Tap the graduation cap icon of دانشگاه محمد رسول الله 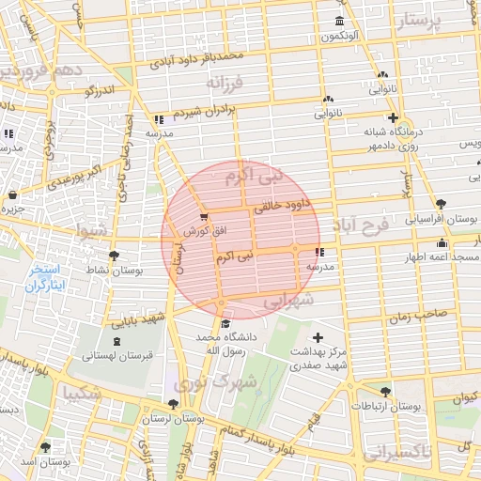(x=225, y=324)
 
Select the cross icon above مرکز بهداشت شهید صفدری (x=318, y=337)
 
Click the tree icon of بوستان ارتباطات (x=385, y=392)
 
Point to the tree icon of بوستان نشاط (x=115, y=255)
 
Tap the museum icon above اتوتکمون (x=338, y=22)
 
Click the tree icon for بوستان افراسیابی (x=441, y=203)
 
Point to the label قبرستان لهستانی (x=115, y=356)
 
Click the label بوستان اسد (x=44, y=462)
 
